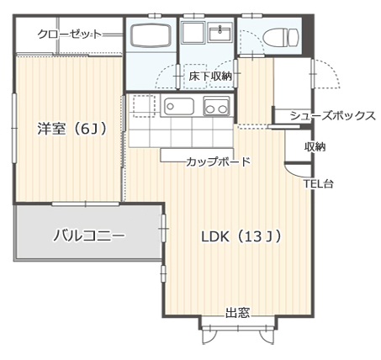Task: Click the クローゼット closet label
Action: click(x=69, y=34)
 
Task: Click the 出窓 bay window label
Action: click(x=237, y=313)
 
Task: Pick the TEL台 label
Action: click(x=318, y=183)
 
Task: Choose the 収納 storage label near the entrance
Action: click(x=315, y=146)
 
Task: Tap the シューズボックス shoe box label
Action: click(x=331, y=115)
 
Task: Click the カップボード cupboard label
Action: click(x=218, y=161)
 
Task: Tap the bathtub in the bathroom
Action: click(x=151, y=37)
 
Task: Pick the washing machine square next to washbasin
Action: click(x=193, y=34)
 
